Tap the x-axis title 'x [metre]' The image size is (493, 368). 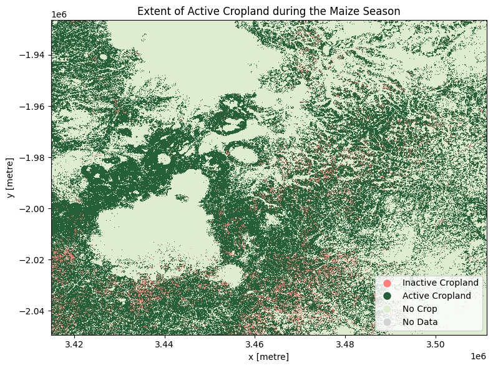point(269,356)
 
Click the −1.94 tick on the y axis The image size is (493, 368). point(33,55)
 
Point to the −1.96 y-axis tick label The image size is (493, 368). point(33,106)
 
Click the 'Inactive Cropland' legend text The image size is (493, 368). point(440,283)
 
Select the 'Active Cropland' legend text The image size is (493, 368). point(437,296)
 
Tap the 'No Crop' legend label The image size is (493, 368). point(419,309)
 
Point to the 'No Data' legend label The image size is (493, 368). point(419,322)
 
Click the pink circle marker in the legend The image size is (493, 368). point(387,283)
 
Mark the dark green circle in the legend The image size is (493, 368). point(387,296)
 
